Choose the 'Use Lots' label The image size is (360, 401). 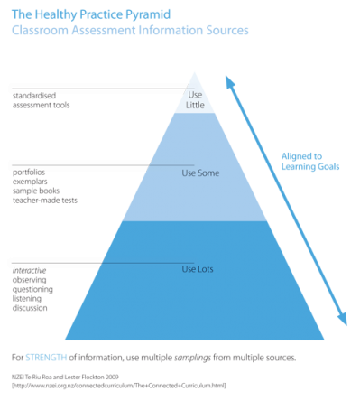click(x=197, y=268)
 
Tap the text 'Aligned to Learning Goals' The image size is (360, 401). click(x=312, y=161)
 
